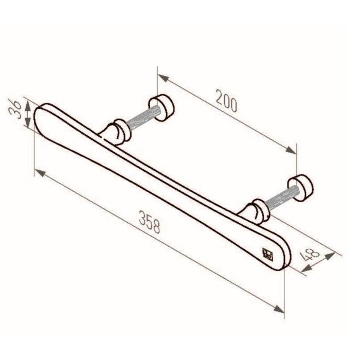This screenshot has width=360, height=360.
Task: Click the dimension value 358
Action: [152, 223]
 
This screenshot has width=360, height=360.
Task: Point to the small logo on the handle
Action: [267, 253]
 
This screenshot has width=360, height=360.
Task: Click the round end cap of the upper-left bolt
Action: [166, 105]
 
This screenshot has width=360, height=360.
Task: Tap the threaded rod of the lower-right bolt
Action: [280, 199]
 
